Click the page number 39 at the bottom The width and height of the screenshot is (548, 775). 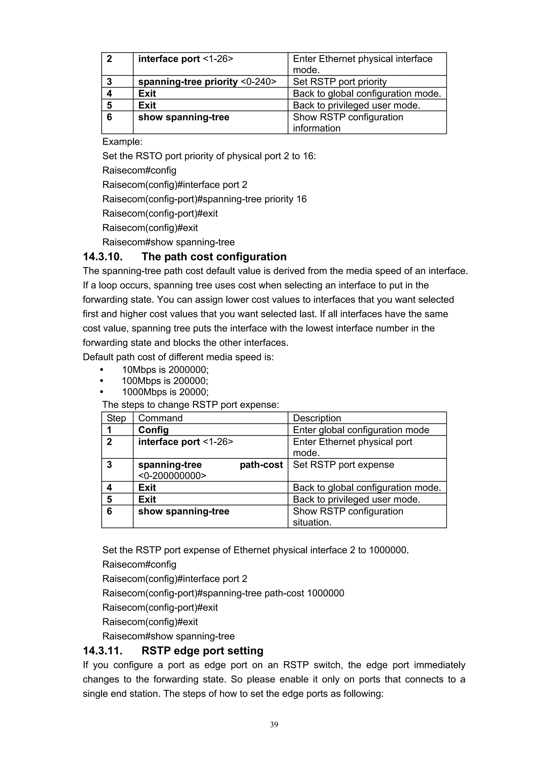click(x=274, y=724)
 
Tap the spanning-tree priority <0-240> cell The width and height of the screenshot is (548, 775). click(x=207, y=82)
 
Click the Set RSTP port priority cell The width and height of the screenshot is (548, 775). click(x=340, y=82)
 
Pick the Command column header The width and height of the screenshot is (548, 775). click(x=160, y=418)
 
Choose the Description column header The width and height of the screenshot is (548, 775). click(x=317, y=418)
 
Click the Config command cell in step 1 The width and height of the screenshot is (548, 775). click(x=153, y=430)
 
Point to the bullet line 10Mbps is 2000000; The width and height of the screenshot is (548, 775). click(x=165, y=370)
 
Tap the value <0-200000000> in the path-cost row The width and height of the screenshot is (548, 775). click(x=172, y=475)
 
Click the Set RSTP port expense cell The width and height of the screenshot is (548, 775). click(x=343, y=465)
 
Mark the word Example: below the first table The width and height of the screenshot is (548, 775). click(x=122, y=141)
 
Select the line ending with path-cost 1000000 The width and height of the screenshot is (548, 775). click(x=223, y=593)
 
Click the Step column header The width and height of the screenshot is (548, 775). click(x=116, y=418)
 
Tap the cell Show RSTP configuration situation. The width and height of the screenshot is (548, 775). click(x=348, y=516)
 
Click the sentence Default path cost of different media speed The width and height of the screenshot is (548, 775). click(x=178, y=357)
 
